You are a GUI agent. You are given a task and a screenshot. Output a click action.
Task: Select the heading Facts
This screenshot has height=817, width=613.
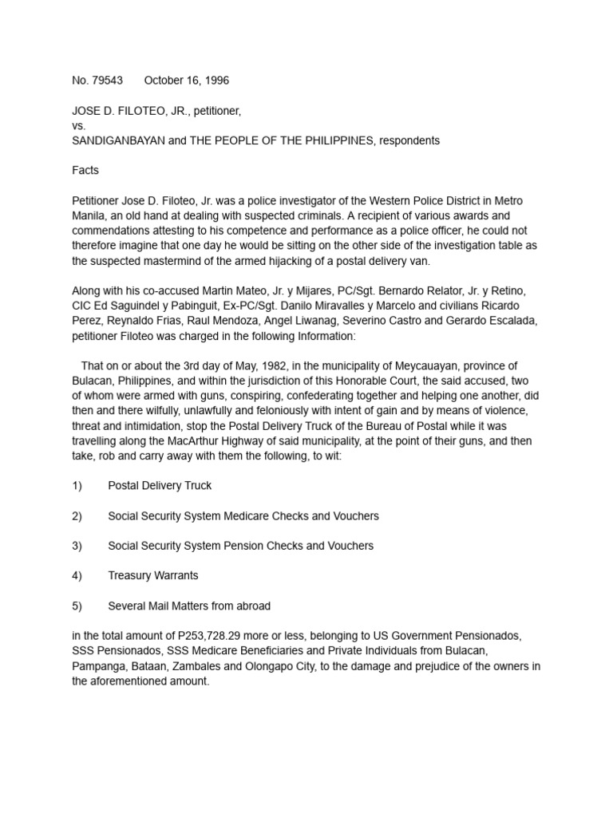coord(85,171)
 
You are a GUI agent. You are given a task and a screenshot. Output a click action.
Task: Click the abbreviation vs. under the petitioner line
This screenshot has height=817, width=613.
coord(79,126)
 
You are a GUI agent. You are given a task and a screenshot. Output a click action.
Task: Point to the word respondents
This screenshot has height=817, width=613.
coord(409,140)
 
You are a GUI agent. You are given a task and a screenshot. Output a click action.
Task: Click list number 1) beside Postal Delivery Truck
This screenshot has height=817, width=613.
coord(77,485)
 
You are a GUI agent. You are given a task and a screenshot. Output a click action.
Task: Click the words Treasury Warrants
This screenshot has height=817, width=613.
coord(153,575)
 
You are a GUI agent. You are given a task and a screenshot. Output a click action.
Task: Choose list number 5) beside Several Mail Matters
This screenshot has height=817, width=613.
coord(77,606)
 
